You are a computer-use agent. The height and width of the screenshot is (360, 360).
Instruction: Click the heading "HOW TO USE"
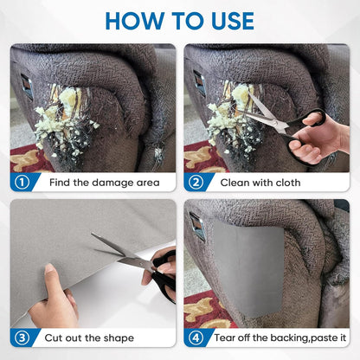(180, 21)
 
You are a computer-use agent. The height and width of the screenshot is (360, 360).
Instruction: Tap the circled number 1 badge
(22, 183)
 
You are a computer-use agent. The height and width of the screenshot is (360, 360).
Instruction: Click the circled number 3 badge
(22, 337)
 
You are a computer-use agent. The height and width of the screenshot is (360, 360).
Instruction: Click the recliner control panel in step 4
(198, 227)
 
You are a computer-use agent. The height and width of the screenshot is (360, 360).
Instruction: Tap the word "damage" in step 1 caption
(112, 183)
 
